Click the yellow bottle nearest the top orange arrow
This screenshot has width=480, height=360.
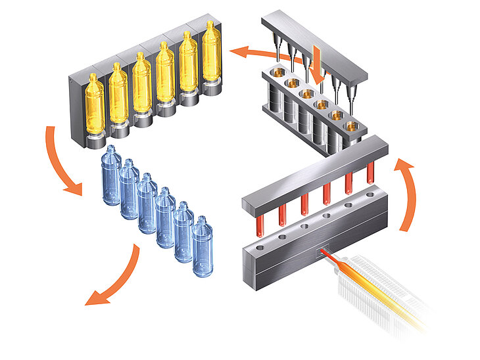pyautogui.click(x=210, y=59)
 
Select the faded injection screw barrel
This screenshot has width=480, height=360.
pyautogui.click(x=381, y=289)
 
